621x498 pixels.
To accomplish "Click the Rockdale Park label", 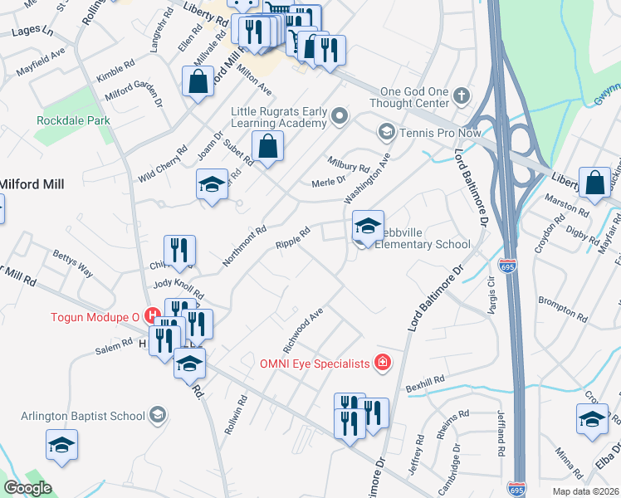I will click(73, 120).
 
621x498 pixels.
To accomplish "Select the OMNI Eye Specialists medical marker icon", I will click(382, 362).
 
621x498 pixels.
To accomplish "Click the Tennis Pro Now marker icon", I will click(386, 131).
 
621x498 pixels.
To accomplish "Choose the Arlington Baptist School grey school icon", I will click(158, 415).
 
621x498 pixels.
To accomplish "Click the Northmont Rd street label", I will click(244, 247).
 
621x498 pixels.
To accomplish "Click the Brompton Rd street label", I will click(562, 306).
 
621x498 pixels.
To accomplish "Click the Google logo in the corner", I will click(28, 488).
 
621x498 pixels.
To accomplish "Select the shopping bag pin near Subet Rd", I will click(267, 147).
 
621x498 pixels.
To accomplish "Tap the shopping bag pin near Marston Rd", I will click(594, 183).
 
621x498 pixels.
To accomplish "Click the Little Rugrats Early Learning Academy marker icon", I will click(339, 115).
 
